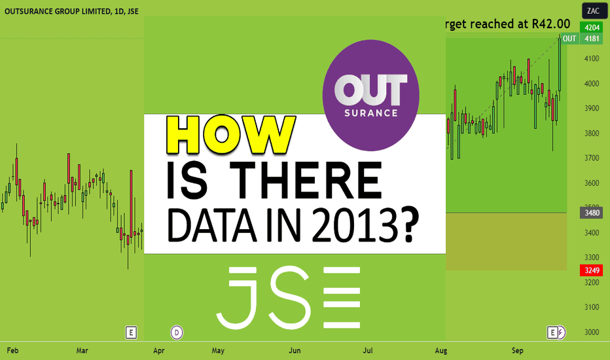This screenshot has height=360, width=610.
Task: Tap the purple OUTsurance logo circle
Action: pos(370,96)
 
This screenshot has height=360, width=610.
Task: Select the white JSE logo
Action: pos(288,298)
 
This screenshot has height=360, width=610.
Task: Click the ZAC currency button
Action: pos(593,11)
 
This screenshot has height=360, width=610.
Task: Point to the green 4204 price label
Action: pos(591,27)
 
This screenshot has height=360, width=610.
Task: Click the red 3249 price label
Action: pos(591,270)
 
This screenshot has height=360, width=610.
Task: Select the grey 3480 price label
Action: pos(591,213)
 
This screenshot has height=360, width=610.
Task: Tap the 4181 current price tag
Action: pos(591,39)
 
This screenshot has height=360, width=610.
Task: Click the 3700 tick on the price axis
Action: pos(592,158)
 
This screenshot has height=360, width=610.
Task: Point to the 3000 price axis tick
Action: pos(592,333)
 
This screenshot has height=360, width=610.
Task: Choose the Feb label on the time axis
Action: pos(12,351)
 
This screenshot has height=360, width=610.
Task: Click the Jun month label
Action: pos(295,351)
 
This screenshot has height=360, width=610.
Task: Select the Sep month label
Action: pos(518,351)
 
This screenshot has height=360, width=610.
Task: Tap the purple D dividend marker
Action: pos(177,333)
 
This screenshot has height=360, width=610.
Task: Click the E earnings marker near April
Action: pos(131,333)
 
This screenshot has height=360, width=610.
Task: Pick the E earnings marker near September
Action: pos(552,333)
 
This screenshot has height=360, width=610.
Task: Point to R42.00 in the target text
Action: pos(551,24)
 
